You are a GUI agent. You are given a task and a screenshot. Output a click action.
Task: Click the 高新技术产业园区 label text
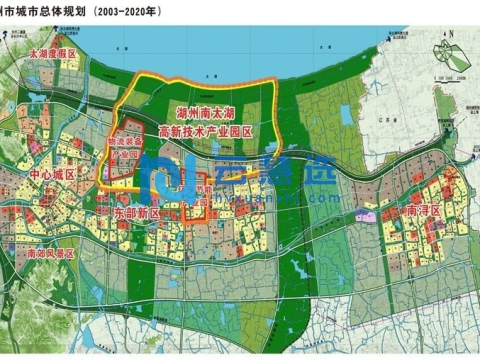(x=214, y=131)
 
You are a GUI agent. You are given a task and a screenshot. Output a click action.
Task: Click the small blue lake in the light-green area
(x=346, y=115)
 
